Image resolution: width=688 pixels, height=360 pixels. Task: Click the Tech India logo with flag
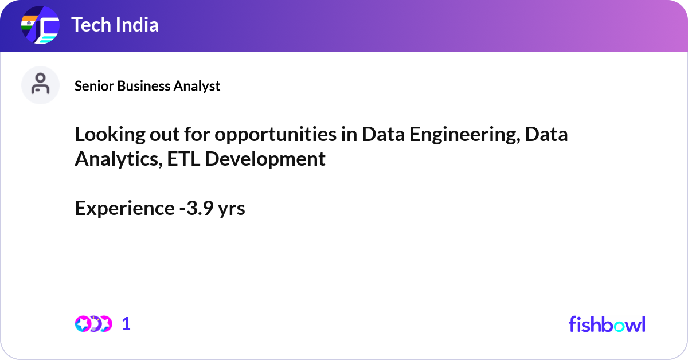[x=40, y=26]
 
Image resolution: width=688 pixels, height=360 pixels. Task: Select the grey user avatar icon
[x=40, y=85]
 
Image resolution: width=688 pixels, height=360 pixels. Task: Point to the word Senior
[x=95, y=86]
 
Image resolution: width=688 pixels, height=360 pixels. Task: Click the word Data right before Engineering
[x=382, y=134]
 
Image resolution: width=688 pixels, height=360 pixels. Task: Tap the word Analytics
[x=118, y=159]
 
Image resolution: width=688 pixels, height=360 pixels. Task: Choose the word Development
[x=265, y=159]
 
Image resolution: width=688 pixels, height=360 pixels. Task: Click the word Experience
[x=123, y=209]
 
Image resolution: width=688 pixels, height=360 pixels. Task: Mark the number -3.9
[x=195, y=209]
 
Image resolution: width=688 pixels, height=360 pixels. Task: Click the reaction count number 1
[x=127, y=324]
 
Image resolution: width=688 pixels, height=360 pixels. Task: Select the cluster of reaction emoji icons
[x=93, y=324]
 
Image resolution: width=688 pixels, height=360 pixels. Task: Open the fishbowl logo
[x=607, y=324]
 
